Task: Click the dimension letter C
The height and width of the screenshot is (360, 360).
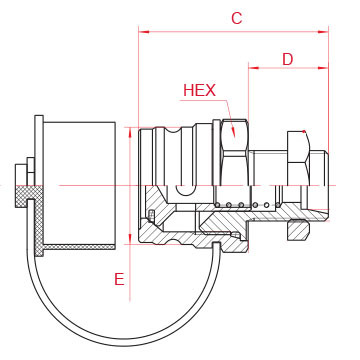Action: (x=237, y=18)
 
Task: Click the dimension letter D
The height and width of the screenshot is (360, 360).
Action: (x=287, y=59)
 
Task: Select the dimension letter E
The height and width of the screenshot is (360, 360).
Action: (x=119, y=280)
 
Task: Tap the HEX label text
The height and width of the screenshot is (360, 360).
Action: (x=199, y=90)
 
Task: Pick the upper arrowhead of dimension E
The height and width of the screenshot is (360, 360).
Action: (x=130, y=130)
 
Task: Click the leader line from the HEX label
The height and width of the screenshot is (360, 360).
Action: (x=226, y=105)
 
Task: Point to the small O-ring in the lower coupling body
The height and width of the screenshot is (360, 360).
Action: (x=150, y=215)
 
